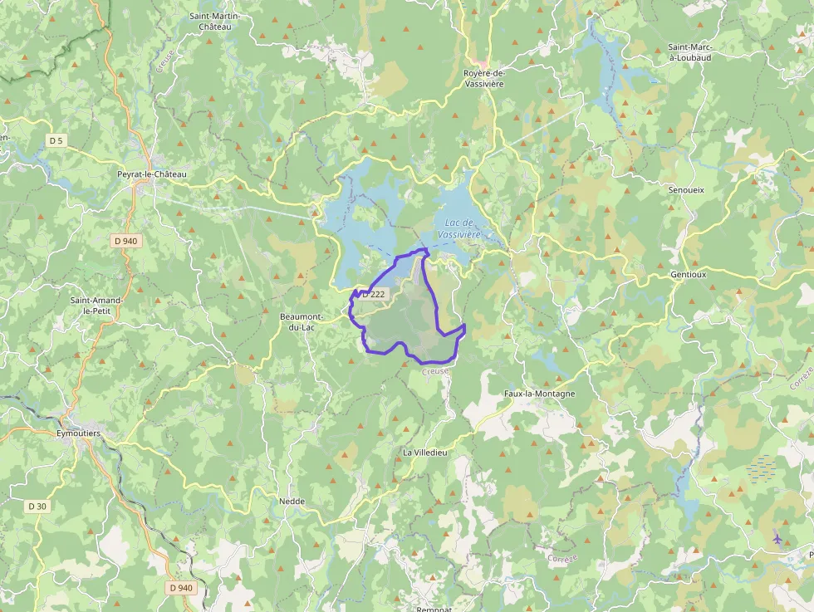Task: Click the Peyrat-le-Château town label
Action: pos(152,174)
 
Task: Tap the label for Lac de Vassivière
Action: pos(459,228)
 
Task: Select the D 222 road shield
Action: pos(374,294)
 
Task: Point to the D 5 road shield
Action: pos(56,141)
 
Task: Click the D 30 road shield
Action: pos(37,506)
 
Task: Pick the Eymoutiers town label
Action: pos(77,433)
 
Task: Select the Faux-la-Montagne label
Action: pos(539,394)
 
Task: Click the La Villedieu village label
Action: pos(425,452)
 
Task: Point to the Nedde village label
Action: pos(292,502)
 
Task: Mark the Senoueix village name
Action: pos(686,189)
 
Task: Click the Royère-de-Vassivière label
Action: pos(484,78)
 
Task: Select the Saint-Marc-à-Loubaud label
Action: pos(690,53)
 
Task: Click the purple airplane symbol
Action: pos(777,537)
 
